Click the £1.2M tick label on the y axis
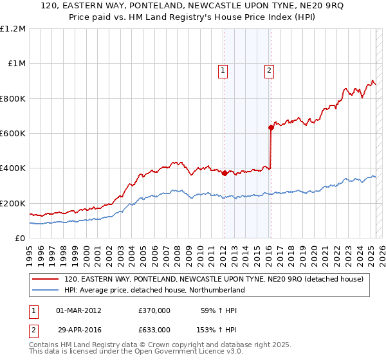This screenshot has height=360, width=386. click(x=13, y=29)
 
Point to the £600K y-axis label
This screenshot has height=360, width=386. click(x=13, y=134)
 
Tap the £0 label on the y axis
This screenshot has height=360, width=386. click(x=20, y=239)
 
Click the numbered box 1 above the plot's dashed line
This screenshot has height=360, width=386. click(x=223, y=71)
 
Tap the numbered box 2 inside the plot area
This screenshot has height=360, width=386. click(x=269, y=71)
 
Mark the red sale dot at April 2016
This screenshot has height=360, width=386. click(x=271, y=128)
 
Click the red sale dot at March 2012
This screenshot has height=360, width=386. click(x=224, y=174)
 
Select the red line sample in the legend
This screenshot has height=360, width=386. click(x=46, y=279)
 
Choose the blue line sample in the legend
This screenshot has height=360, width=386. click(x=46, y=290)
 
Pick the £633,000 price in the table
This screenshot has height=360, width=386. click(x=154, y=329)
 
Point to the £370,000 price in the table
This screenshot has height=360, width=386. click(x=154, y=310)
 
